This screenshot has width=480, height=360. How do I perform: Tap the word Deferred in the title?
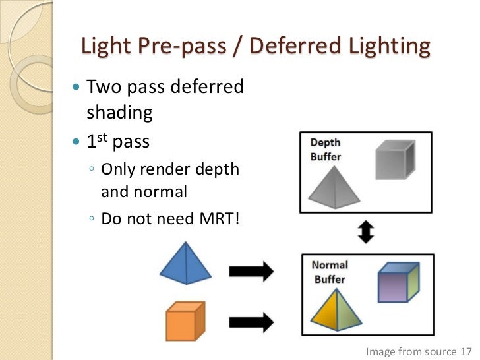[x=287, y=47]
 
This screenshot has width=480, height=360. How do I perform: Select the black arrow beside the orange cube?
[x=251, y=322]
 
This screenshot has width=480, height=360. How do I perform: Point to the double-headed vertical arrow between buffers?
[x=366, y=231]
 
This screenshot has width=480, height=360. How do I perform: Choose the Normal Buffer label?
[x=330, y=272]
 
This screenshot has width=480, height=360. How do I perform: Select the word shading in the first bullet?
[x=119, y=112]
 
